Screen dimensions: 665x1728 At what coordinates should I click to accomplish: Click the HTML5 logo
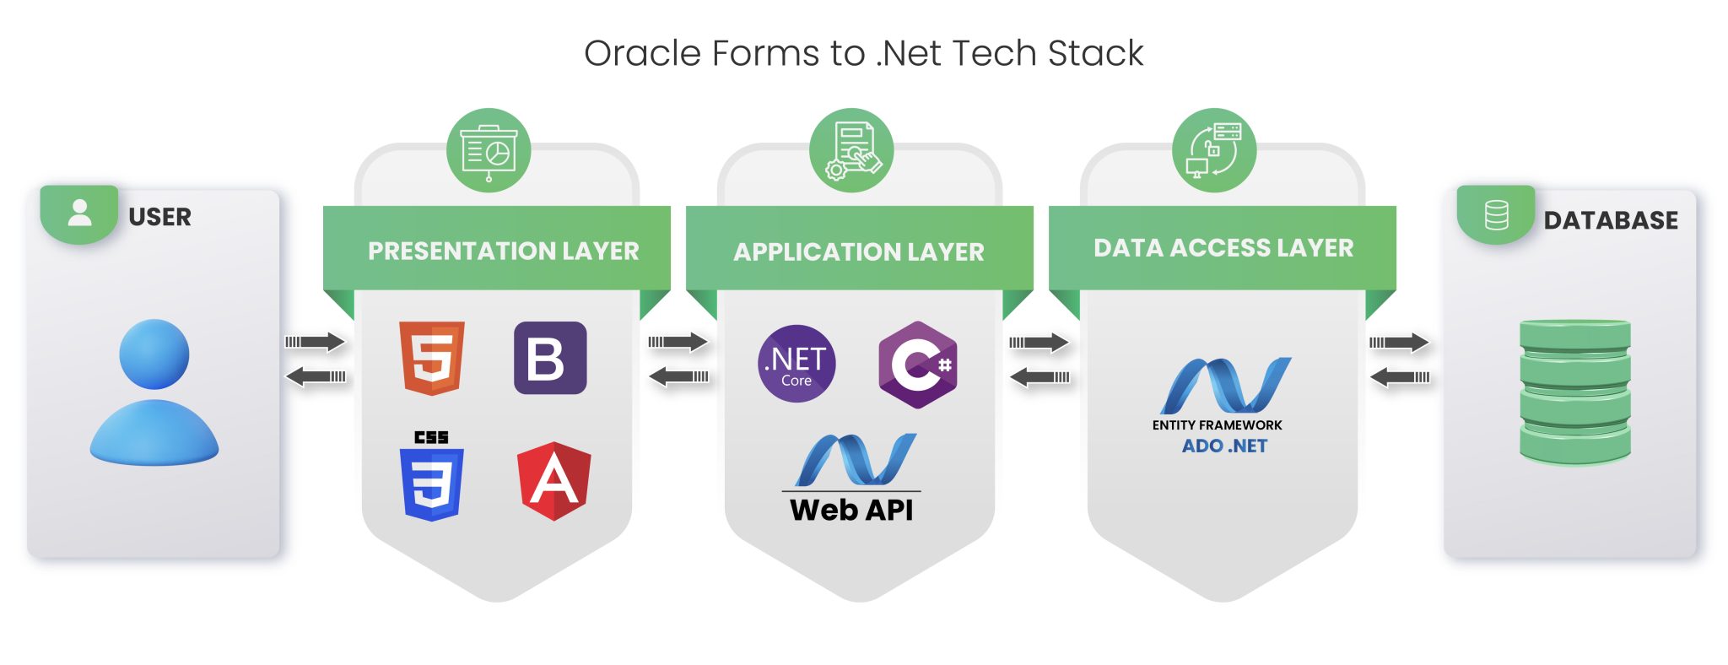tap(432, 358)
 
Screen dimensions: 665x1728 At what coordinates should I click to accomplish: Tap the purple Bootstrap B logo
tap(549, 358)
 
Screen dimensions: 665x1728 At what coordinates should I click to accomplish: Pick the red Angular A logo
tap(553, 481)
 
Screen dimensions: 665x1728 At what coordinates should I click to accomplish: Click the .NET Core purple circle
tap(796, 364)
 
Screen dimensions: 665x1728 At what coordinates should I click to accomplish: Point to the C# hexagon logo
tap(917, 365)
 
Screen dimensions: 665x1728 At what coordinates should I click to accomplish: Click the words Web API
tap(851, 510)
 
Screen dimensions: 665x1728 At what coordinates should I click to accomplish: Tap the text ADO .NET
tap(1224, 446)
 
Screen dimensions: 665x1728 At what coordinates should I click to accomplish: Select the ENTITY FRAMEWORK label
tap(1217, 425)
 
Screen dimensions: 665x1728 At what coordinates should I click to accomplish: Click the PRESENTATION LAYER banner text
tap(503, 251)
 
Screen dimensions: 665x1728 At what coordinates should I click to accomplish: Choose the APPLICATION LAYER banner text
tap(858, 252)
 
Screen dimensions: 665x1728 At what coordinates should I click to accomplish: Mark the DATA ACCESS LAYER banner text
tap(1223, 248)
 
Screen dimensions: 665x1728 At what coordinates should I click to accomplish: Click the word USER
tap(159, 217)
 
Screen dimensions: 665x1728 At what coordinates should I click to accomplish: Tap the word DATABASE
tap(1610, 220)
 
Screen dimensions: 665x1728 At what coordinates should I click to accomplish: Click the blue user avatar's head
tap(154, 354)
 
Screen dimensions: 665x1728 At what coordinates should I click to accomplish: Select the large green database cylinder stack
tap(1574, 392)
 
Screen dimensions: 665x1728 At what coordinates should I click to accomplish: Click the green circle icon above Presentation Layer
tap(489, 150)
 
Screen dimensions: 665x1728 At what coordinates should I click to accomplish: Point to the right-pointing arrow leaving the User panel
tap(316, 342)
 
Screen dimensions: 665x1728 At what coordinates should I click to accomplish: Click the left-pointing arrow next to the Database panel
tap(1399, 377)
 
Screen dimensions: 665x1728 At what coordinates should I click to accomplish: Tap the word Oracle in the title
tap(642, 53)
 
